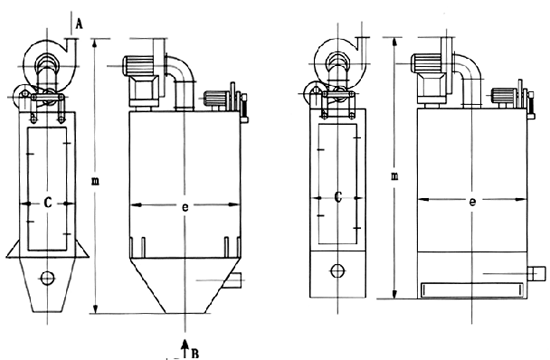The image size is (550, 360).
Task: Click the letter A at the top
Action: click(80, 24)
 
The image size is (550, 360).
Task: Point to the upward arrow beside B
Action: click(185, 348)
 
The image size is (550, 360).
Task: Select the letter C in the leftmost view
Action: click(48, 203)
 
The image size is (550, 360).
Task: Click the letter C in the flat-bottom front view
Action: click(338, 197)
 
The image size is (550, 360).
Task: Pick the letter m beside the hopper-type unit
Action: click(95, 181)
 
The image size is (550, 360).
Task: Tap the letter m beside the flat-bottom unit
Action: click(395, 176)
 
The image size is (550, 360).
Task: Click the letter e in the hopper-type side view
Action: click(185, 207)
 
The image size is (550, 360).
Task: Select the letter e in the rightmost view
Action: click(472, 202)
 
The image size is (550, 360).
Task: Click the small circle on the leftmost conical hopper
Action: click(47, 278)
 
